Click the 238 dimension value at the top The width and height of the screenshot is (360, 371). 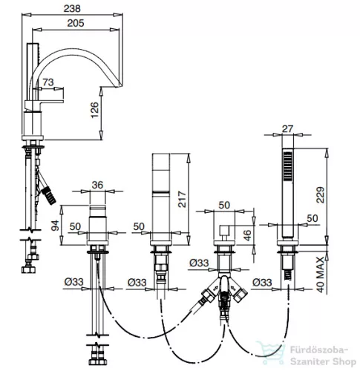pyautogui.click(x=72, y=9)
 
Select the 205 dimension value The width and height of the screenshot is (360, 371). pyautogui.click(x=76, y=23)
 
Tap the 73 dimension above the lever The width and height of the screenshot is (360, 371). pyautogui.click(x=48, y=82)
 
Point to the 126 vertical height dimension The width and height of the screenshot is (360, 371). pyautogui.click(x=95, y=110)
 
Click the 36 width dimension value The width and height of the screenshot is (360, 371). pyautogui.click(x=97, y=185)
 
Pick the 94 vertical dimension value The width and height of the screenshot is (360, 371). pyautogui.click(x=55, y=226)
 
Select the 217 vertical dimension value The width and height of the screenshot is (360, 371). pyautogui.click(x=182, y=200)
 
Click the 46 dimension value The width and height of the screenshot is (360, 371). pyautogui.click(x=247, y=235)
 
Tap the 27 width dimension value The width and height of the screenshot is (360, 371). pyautogui.click(x=287, y=129)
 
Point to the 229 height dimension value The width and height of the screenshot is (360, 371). pyautogui.click(x=321, y=195)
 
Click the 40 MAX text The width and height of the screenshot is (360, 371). pyautogui.click(x=321, y=275)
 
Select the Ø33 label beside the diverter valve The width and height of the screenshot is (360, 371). pyautogui.click(x=199, y=263)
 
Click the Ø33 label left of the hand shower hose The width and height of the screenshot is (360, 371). pyautogui.click(x=262, y=282)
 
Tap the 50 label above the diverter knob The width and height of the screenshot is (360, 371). pyautogui.click(x=224, y=205)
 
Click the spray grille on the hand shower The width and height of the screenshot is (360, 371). pyautogui.click(x=287, y=165)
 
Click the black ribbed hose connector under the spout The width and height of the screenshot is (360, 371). pyautogui.click(x=49, y=196)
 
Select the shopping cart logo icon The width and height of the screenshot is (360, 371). pyautogui.click(x=270, y=353)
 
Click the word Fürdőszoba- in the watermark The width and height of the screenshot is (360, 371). pyautogui.click(x=319, y=350)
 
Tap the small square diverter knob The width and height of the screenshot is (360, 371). pyautogui.click(x=225, y=230)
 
